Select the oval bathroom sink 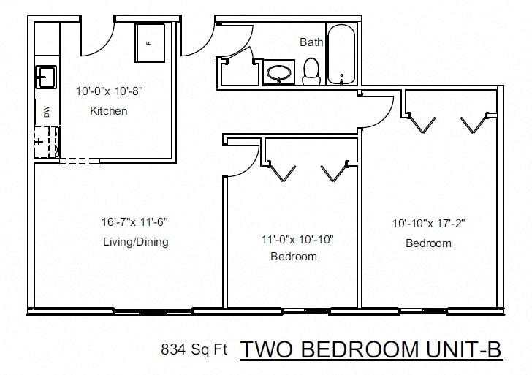coord(278,73)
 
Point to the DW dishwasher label coord(47,112)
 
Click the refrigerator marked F coord(150,44)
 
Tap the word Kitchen coord(108,111)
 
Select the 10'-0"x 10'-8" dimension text coord(108,92)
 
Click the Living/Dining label coord(135,241)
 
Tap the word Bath coord(311,42)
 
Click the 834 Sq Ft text coord(194,350)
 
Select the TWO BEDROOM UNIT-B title coord(371,349)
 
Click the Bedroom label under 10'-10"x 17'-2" coord(428,243)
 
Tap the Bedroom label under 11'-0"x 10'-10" coord(294,257)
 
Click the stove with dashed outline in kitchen coord(47,140)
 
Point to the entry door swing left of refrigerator coord(95,40)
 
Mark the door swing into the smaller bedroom coord(243,159)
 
